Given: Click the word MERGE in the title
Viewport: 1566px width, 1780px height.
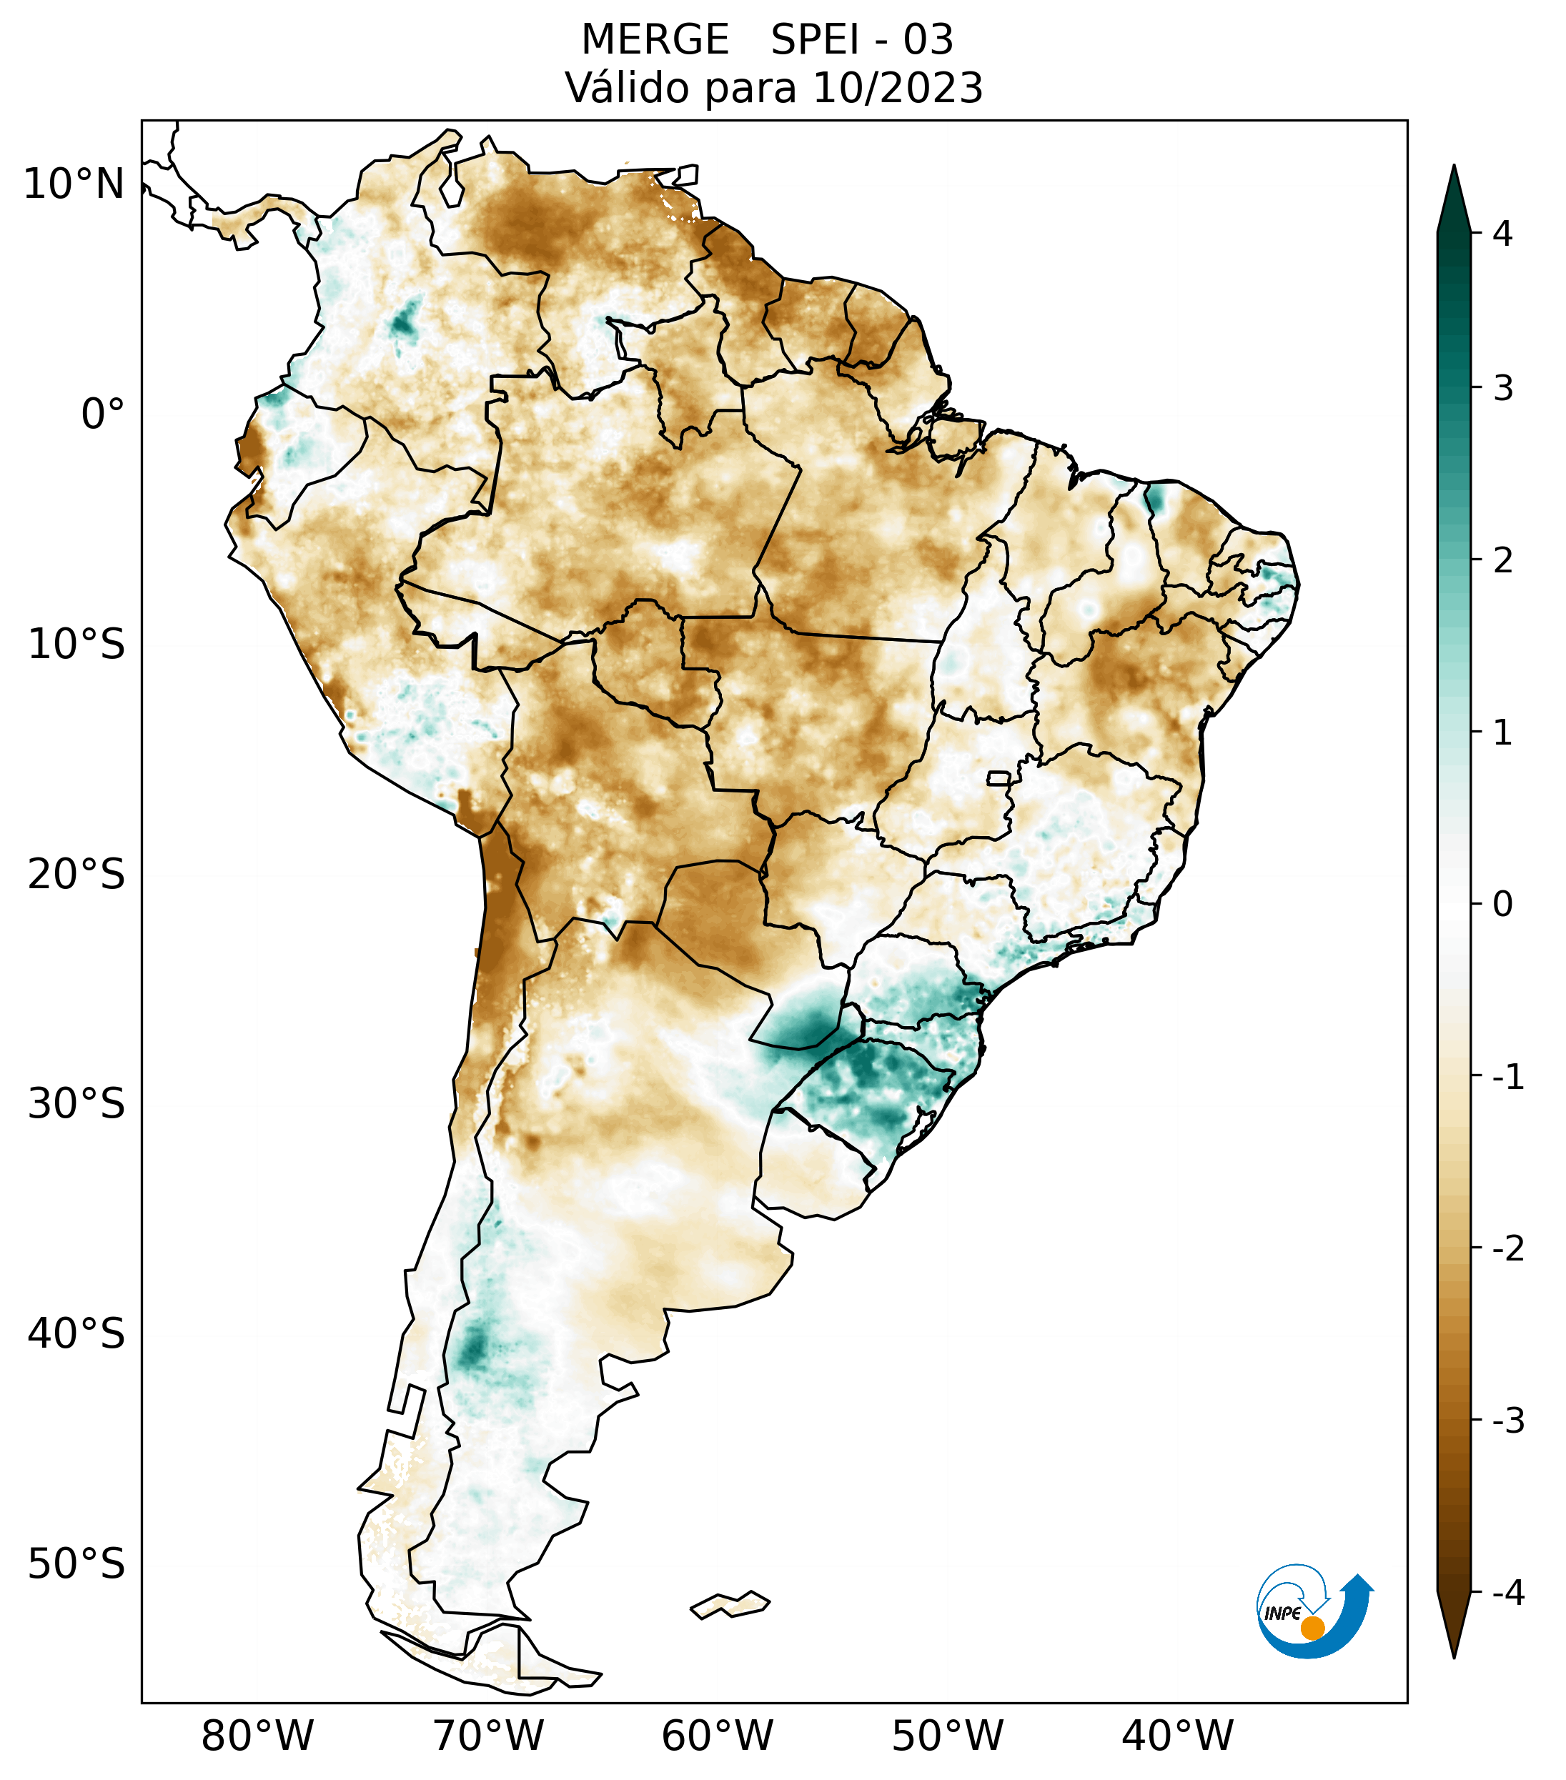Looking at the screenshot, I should [x=654, y=40].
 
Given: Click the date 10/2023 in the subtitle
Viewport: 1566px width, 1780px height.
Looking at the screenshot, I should [x=897, y=88].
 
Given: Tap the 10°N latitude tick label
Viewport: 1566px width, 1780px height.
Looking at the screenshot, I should [x=74, y=184].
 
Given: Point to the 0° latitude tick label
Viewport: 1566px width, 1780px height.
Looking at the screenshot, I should [x=102, y=414].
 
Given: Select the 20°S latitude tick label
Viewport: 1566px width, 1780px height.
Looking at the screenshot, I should [x=76, y=875].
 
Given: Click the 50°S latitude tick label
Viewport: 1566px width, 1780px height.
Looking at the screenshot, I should [x=76, y=1564].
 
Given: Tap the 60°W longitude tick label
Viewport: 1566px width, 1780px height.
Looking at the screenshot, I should [x=717, y=1735].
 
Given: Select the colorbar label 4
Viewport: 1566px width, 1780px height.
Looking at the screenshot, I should [x=1502, y=234].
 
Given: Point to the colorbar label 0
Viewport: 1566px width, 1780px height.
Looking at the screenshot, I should [x=1502, y=905].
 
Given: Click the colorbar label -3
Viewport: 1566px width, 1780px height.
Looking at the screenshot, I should [x=1507, y=1421].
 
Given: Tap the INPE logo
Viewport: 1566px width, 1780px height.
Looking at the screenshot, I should [x=1312, y=1610].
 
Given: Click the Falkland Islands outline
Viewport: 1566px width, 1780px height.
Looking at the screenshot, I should [x=730, y=1604].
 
